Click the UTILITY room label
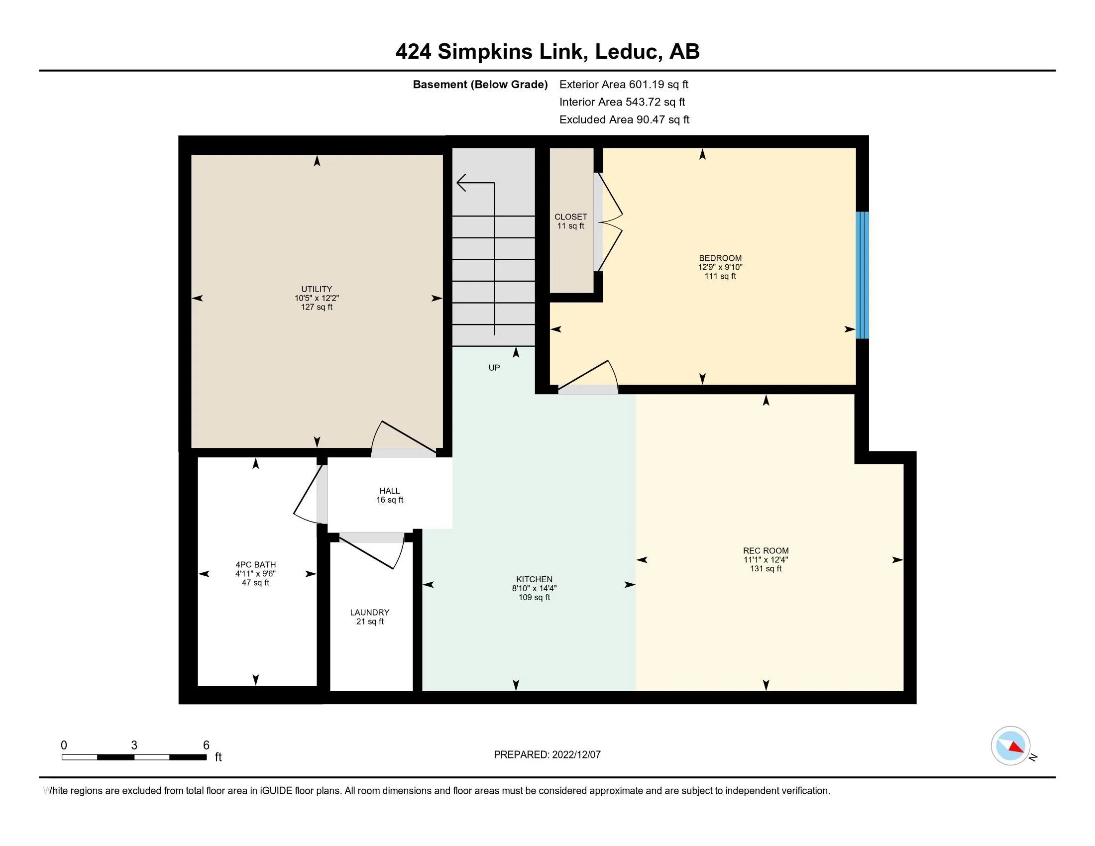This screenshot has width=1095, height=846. coord(317,289)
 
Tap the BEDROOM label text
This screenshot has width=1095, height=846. coord(720,259)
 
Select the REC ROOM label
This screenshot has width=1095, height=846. coord(766,551)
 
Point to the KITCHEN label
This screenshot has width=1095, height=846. coord(534,579)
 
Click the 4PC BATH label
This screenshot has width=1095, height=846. coord(256,565)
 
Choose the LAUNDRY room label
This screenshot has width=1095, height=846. coord(369,613)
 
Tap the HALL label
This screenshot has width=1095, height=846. coord(390,491)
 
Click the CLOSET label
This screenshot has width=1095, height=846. coord(570,217)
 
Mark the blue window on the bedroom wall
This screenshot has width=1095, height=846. coord(862,275)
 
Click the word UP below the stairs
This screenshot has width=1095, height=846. coord(494,368)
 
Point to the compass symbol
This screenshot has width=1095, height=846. coord(1011,746)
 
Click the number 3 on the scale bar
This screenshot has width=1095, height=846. coord(134,745)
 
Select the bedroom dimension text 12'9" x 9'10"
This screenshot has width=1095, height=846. coord(720,268)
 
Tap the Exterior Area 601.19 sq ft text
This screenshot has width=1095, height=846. coord(624,85)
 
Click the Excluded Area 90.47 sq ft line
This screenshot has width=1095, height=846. coord(624,120)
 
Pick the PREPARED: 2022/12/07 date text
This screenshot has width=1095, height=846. coord(547,755)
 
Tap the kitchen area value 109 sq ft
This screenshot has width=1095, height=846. coord(534,597)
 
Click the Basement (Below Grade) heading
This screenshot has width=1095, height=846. coord(480,85)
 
